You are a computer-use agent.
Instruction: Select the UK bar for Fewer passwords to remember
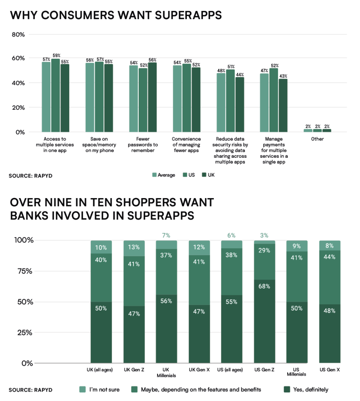click(x=152, y=97)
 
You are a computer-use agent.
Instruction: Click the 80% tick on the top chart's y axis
click(x=18, y=34)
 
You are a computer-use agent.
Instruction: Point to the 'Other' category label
click(x=318, y=139)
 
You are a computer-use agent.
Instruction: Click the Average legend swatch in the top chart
click(x=154, y=175)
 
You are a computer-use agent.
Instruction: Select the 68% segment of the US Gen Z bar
click(x=264, y=321)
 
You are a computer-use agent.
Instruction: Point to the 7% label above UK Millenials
click(x=166, y=235)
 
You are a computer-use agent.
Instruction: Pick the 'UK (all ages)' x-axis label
click(x=101, y=370)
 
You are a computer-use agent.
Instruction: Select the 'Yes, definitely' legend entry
click(x=309, y=389)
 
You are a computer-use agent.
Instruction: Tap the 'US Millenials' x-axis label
click(x=297, y=372)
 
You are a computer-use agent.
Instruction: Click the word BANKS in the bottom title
click(x=31, y=215)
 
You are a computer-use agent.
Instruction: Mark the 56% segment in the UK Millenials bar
click(x=166, y=329)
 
